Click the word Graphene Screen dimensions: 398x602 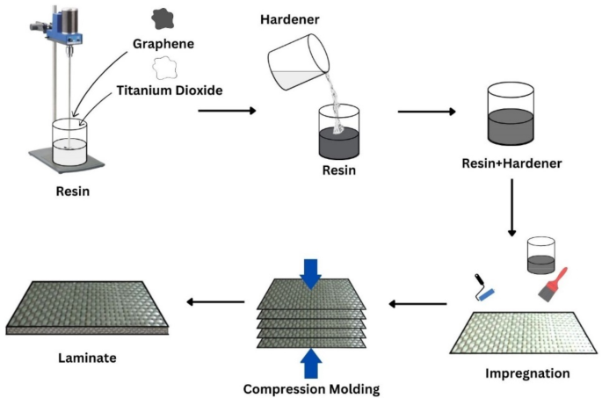tap(164, 44)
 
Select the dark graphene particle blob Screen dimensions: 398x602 tap(163, 17)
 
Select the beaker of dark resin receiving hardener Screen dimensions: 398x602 tap(338, 132)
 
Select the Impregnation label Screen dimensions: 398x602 tap(527, 373)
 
